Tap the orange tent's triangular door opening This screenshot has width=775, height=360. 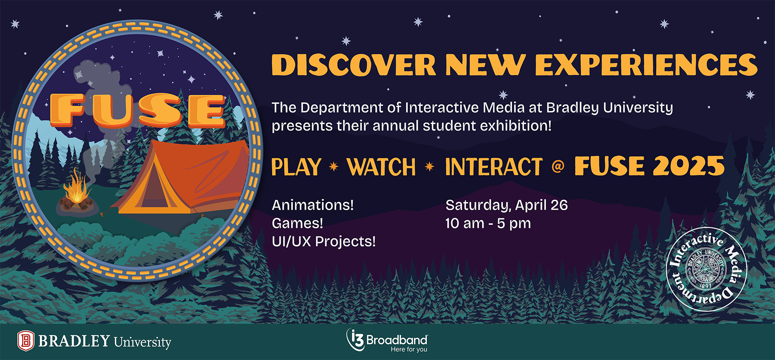click(149, 189)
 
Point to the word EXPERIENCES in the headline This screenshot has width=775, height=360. click(646, 65)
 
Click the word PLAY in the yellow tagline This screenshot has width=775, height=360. click(296, 167)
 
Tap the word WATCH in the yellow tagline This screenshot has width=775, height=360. click(381, 167)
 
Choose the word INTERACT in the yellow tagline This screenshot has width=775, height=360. click(493, 167)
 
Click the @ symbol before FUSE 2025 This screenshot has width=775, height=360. click(558, 166)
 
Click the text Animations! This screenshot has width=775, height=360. click(313, 205)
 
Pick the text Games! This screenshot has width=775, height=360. click(297, 223)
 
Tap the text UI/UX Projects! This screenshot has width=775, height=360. click(323, 242)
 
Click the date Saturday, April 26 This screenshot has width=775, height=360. click(506, 205)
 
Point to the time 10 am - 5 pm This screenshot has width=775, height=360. click(488, 223)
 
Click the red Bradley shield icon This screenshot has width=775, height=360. click(25, 341)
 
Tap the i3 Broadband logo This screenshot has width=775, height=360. click(387, 341)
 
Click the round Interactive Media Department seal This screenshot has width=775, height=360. click(706, 269)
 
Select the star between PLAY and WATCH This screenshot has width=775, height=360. click(334, 167)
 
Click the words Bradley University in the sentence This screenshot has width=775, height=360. click(609, 108)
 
